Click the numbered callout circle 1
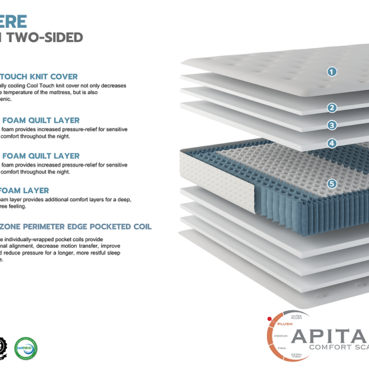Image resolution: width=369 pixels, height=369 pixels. [332, 72]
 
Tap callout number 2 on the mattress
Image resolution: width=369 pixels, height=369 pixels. [332, 108]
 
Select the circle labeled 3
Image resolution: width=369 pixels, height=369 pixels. [332, 125]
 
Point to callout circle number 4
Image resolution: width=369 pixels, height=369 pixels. [332, 143]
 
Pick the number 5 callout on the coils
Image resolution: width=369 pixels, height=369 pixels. [332, 183]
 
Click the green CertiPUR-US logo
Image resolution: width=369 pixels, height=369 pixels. [26, 348]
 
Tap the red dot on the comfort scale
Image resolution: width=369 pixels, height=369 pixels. [269, 319]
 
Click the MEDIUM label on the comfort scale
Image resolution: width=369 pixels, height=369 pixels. [280, 336]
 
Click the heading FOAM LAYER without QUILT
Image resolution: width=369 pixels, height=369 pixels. [24, 191]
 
